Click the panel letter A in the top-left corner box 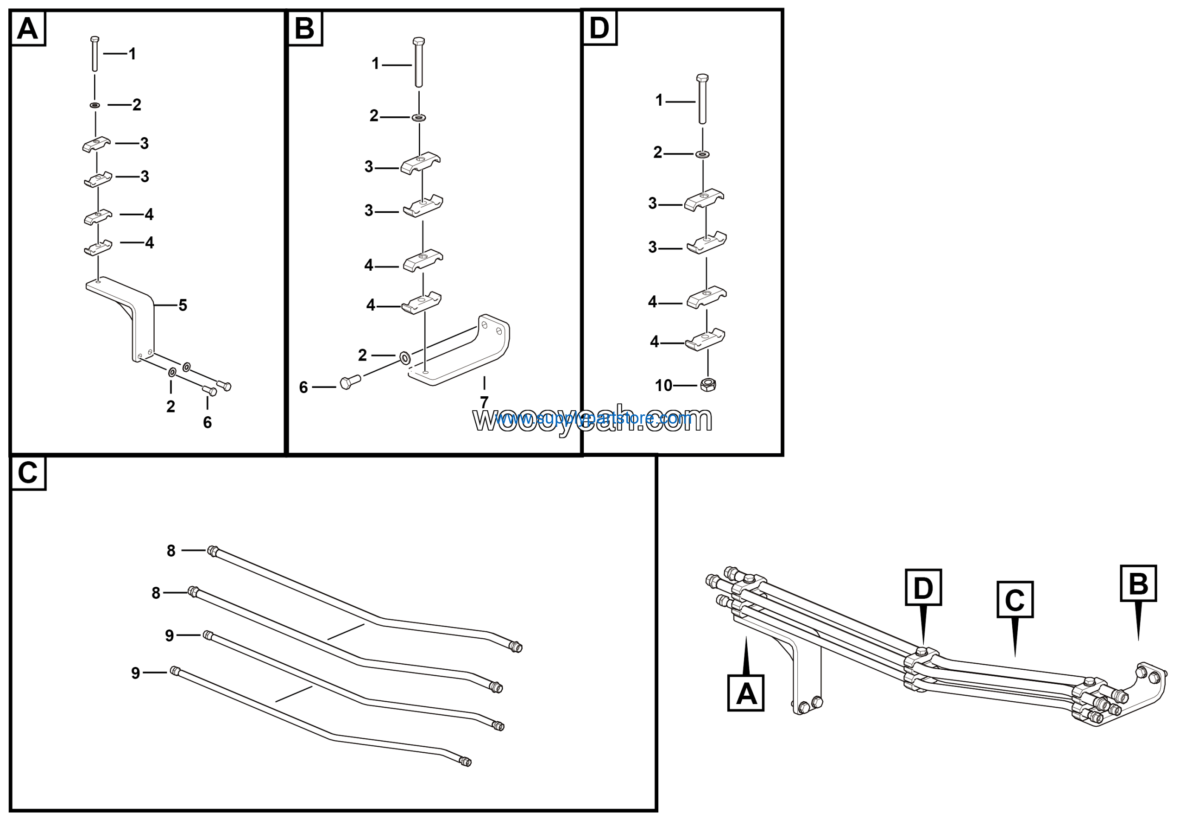pos(28,28)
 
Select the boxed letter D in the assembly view pos(923,587)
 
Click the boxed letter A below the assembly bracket pos(745,693)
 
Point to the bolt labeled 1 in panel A pos(95,54)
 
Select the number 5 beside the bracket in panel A pos(183,305)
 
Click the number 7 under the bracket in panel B pos(484,401)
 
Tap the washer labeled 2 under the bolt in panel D pos(702,154)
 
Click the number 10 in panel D pos(664,386)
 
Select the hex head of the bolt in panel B pos(419,41)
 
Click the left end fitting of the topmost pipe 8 pos(212,551)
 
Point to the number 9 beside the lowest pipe pos(135,673)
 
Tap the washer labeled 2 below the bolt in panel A pos(95,105)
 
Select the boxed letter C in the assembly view pos(1015,600)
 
